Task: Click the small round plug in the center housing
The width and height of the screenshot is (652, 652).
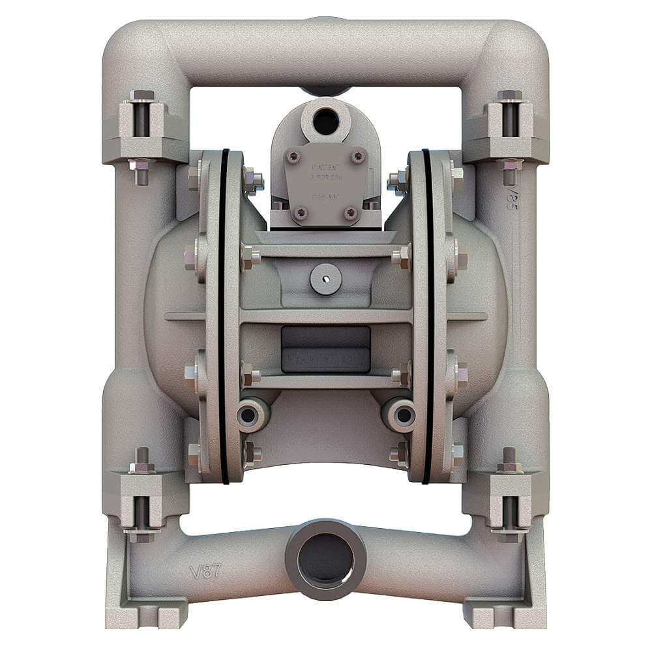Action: [325, 279]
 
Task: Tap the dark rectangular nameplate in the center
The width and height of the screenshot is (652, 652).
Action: [325, 349]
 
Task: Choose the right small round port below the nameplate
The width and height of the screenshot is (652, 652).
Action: [399, 413]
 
